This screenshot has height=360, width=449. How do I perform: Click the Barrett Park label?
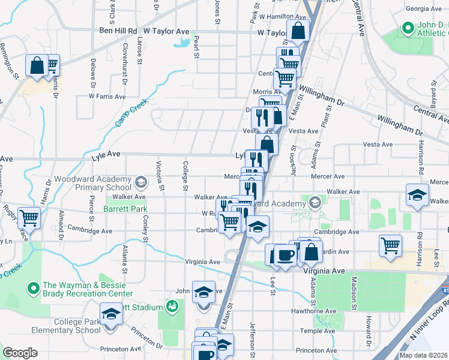point(125,209)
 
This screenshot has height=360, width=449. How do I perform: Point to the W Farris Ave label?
point(107,96)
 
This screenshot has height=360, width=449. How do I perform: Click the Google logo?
point(19,353)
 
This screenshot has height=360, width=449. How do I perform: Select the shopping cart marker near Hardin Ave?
point(390,244)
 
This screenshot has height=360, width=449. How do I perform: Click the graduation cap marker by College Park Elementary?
point(110,314)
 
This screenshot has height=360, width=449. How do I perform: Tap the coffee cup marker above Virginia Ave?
point(285,254)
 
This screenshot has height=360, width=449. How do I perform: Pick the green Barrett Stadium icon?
point(172,307)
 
